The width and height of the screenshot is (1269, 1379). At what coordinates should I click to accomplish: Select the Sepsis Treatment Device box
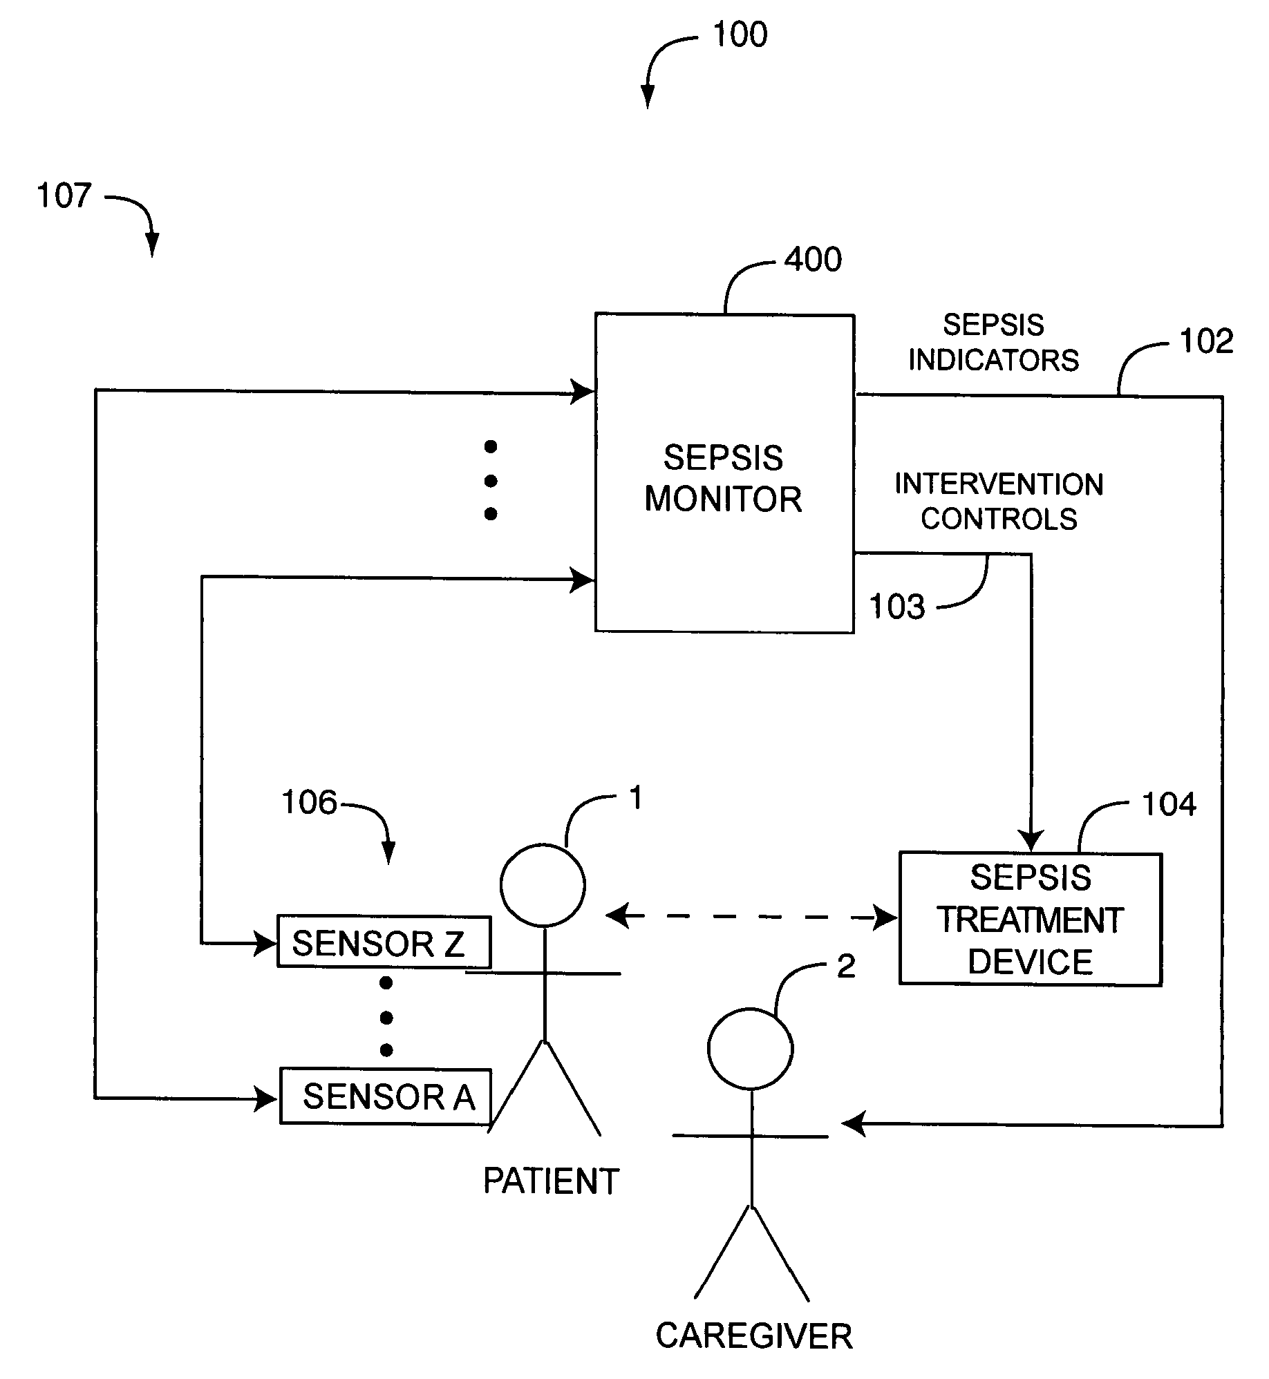click(x=1030, y=919)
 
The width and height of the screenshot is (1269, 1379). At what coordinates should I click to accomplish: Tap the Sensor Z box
click(x=384, y=942)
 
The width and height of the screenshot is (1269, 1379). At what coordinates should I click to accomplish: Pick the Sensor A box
click(x=386, y=1096)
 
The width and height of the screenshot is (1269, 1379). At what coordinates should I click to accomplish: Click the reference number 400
click(x=813, y=260)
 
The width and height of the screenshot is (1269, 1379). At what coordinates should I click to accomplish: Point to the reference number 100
click(x=740, y=35)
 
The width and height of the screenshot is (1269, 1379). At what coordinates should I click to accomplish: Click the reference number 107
click(x=64, y=196)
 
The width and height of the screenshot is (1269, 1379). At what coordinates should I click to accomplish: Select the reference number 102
click(x=1206, y=341)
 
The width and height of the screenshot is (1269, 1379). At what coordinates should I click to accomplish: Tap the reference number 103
click(x=896, y=607)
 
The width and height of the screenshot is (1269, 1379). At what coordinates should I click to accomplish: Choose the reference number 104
click(x=1168, y=804)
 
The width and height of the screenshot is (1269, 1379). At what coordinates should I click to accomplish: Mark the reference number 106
click(x=309, y=803)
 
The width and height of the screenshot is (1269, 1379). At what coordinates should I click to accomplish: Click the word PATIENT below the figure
click(x=551, y=1181)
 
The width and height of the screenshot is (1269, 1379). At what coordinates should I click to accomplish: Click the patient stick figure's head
click(x=543, y=884)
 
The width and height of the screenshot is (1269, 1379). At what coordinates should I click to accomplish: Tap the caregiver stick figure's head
click(x=750, y=1048)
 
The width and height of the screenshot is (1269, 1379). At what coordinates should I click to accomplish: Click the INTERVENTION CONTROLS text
click(x=999, y=502)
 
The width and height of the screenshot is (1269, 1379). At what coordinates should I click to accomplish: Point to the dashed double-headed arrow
click(x=751, y=917)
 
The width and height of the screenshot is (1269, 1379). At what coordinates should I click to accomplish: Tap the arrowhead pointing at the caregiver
click(x=854, y=1124)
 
